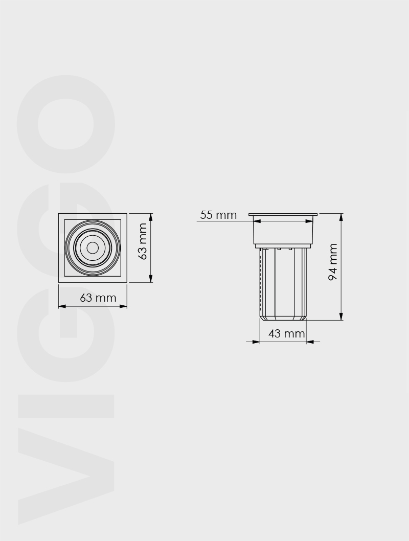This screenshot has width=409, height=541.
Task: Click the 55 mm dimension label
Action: (218, 215)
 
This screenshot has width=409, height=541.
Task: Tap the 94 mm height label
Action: (333, 262)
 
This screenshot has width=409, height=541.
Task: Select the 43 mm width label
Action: (287, 333)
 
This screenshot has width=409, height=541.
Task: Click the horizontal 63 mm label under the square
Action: (98, 298)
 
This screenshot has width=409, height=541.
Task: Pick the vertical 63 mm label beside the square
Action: (142, 241)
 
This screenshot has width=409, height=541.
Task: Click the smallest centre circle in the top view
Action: (92, 247)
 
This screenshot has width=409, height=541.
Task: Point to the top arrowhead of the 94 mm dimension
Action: (341, 217)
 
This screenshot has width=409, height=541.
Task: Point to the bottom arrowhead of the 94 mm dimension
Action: (341, 316)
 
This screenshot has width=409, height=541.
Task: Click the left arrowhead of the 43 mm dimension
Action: (256, 342)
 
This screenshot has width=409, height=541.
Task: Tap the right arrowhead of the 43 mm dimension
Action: (310, 342)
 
